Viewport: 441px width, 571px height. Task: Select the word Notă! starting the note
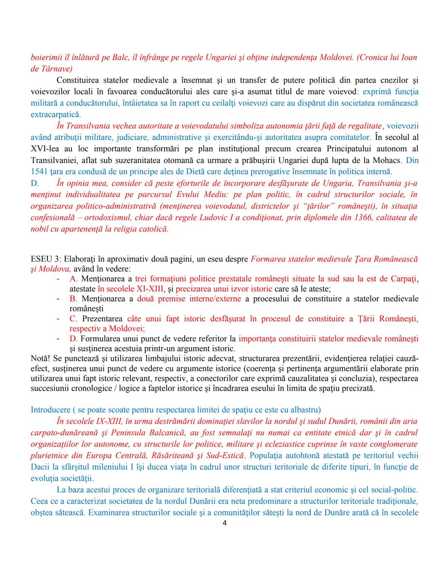[40, 358]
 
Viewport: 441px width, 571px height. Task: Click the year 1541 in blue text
[39, 172]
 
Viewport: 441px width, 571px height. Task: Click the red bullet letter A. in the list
[73, 279]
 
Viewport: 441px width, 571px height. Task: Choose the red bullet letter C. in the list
[73, 318]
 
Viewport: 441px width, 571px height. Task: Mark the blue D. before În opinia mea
[35, 183]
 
